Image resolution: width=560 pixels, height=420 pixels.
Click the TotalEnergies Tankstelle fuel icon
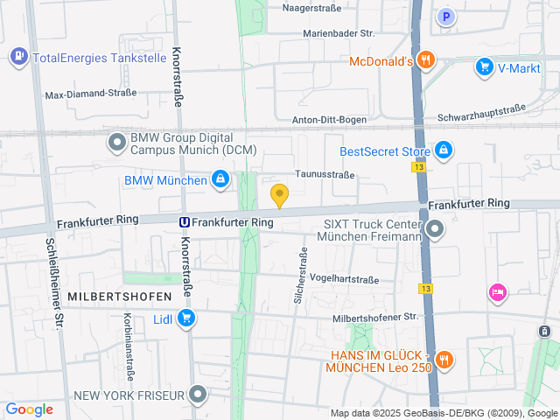pyautogui.click(x=18, y=58)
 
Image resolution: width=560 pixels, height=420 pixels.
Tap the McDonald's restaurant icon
pyautogui.click(x=426, y=60)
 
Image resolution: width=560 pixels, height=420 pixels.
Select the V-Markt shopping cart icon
pyautogui.click(x=484, y=66)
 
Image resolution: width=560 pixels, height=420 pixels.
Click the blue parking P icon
pyautogui.click(x=446, y=16)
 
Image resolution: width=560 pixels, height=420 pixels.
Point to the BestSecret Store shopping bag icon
pyautogui.click(x=444, y=150)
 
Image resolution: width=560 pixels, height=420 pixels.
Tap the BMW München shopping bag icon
pyautogui.click(x=220, y=180)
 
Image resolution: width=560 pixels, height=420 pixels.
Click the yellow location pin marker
pyautogui.click(x=279, y=196)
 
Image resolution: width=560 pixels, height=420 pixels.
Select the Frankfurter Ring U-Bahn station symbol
pyautogui.click(x=185, y=222)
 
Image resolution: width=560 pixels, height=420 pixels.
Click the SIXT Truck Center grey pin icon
pyautogui.click(x=435, y=229)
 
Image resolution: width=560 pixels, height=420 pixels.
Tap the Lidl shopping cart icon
pyautogui.click(x=185, y=318)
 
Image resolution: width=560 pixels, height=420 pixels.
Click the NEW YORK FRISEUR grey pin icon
pyautogui.click(x=199, y=395)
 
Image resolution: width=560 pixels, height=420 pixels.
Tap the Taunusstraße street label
pyautogui.click(x=325, y=174)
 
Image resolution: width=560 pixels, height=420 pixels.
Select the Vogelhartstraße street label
pyautogui.click(x=344, y=279)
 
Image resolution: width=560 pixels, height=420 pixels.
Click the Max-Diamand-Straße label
pyautogui.click(x=91, y=93)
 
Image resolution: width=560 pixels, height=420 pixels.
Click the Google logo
pyautogui.click(x=29, y=409)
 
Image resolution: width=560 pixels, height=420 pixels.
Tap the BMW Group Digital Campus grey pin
pyautogui.click(x=116, y=142)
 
